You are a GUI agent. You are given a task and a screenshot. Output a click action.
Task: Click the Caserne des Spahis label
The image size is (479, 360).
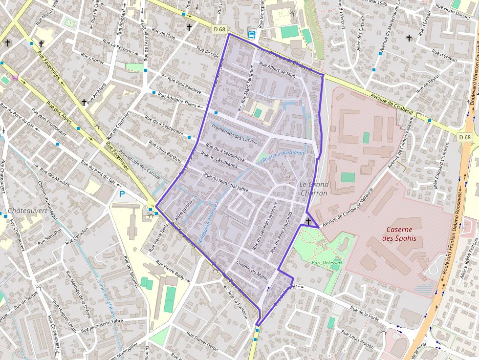click(401, 234)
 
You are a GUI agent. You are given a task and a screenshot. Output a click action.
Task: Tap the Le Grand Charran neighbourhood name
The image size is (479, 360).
click(314, 189)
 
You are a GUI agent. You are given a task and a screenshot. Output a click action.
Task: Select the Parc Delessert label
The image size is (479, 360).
click(327, 262)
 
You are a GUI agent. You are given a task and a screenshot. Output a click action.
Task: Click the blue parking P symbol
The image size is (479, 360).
click(122, 194)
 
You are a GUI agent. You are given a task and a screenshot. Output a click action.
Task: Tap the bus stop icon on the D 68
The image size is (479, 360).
click(252, 35)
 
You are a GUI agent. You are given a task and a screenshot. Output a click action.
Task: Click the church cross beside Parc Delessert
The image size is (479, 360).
click(308, 222)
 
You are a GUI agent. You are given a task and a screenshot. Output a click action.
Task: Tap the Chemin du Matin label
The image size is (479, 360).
click(252, 270)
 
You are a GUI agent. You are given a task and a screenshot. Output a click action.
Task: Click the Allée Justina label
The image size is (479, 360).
click(187, 209)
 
